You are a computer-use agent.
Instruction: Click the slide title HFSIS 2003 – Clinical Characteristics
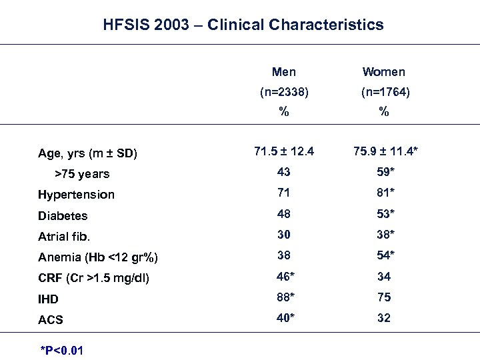click(x=243, y=25)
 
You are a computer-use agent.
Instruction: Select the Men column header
click(x=284, y=72)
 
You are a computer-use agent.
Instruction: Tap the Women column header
click(x=383, y=72)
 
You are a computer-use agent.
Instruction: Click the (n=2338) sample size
click(x=284, y=93)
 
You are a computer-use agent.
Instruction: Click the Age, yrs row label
click(x=87, y=153)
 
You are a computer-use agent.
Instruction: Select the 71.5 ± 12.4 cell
click(x=284, y=151)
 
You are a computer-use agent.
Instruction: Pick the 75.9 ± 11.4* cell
click(x=386, y=151)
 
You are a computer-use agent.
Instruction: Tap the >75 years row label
click(x=83, y=174)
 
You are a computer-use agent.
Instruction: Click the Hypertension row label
click(x=76, y=195)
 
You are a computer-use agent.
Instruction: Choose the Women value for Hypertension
click(x=384, y=193)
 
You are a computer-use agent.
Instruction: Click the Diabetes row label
click(x=63, y=216)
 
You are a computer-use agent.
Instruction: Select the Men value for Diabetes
click(x=284, y=214)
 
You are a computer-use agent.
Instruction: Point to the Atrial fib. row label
click(x=64, y=237)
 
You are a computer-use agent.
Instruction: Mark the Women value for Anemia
click(x=384, y=255)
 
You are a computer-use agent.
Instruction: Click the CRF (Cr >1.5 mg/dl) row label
click(x=93, y=278)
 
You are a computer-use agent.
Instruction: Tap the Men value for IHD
click(x=286, y=297)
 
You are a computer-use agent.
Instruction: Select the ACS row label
click(x=51, y=320)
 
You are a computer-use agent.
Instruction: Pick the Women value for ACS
click(x=383, y=318)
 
